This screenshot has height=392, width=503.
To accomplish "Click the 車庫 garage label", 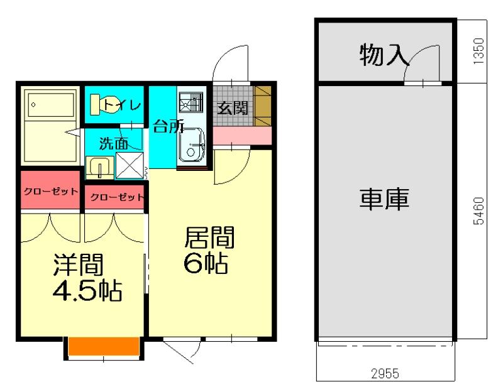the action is tap(384, 199).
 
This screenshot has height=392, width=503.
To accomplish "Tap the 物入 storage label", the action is tap(384, 55).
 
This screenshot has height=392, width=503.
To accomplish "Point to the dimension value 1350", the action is tap(478, 52).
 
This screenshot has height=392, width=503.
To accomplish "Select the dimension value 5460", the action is tap(478, 210).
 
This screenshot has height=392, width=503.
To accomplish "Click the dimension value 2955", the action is tap(385, 373).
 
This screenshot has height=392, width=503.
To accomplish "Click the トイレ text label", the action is tap(122, 104).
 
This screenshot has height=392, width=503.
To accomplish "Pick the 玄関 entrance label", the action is tap(233, 108).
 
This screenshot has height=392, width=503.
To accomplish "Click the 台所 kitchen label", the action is tap(169, 126).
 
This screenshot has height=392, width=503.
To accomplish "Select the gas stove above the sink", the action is tap(191, 102).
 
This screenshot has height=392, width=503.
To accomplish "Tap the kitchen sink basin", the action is tap(192, 145).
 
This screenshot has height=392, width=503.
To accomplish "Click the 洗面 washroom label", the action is tap(114, 143).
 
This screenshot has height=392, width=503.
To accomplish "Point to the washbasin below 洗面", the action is tap(100, 167).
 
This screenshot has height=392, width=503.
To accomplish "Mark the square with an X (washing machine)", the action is tap(130, 165).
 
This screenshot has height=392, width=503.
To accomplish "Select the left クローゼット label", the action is tap(51, 192).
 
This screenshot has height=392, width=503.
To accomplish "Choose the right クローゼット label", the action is tap(117, 197).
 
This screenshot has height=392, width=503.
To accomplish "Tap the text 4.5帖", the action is tap(87, 291).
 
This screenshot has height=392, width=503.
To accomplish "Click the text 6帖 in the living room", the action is tap(206, 263).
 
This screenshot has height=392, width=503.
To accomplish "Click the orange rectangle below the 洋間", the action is tap(104, 346).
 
